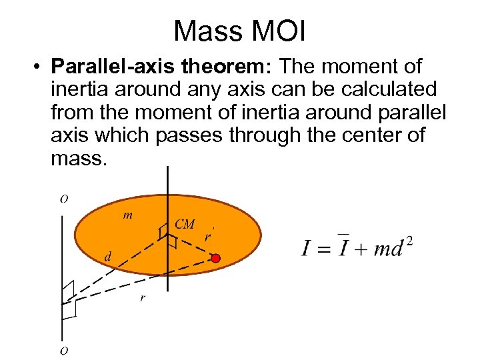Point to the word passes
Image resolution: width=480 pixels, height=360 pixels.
(x=189, y=136)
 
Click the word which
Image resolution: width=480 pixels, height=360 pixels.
(x=117, y=136)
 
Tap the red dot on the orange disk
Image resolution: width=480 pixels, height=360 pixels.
(x=215, y=257)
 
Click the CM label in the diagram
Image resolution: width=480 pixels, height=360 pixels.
(x=184, y=224)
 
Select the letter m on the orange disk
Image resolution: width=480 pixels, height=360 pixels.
(x=127, y=215)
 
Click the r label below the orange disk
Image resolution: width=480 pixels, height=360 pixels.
(x=142, y=297)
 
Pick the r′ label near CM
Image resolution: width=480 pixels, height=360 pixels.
(x=208, y=237)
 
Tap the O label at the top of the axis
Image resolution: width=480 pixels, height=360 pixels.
(x=63, y=199)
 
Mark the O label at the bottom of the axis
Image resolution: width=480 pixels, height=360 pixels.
(x=64, y=350)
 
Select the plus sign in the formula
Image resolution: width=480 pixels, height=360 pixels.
(x=359, y=249)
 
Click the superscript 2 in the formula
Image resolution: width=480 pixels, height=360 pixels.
(x=409, y=242)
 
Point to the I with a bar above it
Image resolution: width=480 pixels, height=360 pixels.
(x=342, y=248)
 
